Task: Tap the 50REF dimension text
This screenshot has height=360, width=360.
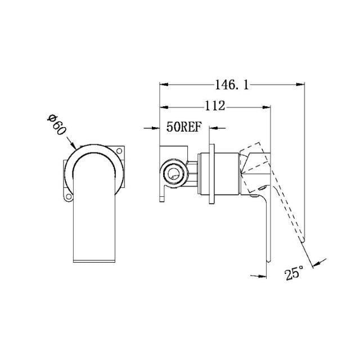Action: pyautogui.click(x=183, y=128)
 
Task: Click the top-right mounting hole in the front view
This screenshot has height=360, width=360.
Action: pyautogui.click(x=119, y=150)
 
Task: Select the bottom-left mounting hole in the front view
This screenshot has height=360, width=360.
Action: pyautogui.click(x=69, y=197)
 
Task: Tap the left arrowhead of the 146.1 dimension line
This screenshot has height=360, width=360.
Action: pyautogui.click(x=163, y=85)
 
